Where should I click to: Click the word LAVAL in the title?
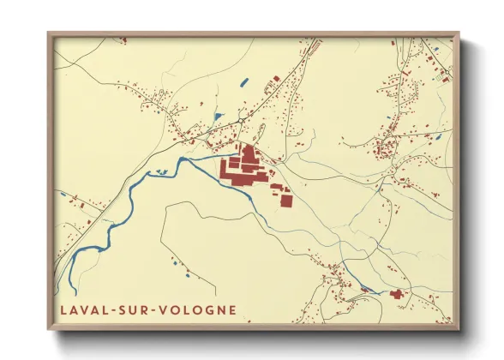point(80,309)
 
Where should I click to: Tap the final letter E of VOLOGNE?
point(232,309)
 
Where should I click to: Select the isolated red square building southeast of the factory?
point(285,200)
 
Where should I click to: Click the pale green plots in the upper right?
point(440,77)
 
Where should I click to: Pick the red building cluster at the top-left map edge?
point(123,39)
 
